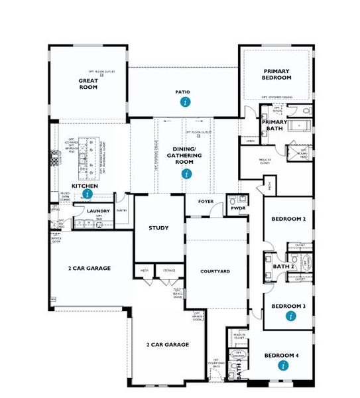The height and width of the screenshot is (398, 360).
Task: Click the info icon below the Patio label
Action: [186, 102]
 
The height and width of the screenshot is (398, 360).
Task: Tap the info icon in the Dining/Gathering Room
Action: [186, 174]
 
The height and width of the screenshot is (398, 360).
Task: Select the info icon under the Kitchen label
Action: [87, 194]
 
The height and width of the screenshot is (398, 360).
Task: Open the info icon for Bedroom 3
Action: [288, 316]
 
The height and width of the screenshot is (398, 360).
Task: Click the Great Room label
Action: [88, 83]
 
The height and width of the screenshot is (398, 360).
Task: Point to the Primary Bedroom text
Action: [277, 74]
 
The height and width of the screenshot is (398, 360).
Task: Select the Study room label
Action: [158, 228]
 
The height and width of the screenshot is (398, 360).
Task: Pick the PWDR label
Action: [236, 207]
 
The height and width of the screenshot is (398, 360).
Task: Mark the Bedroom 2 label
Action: [288, 219]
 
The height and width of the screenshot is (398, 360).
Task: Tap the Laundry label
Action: [98, 211]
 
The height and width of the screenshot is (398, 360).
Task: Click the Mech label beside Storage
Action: [144, 271]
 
